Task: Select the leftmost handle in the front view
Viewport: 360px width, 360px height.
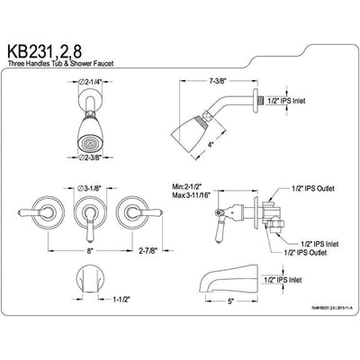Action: point(31,217)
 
